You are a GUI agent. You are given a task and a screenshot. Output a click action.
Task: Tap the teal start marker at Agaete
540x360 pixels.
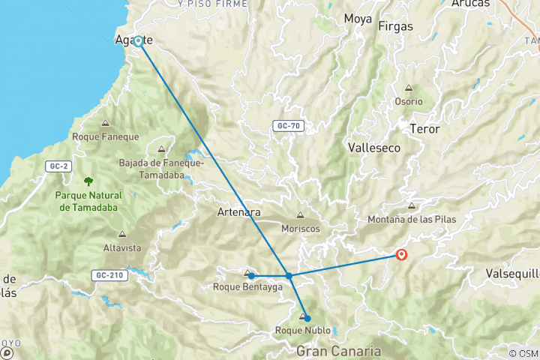click(x=139, y=41)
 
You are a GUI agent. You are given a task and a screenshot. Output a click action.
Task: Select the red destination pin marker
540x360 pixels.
click(x=402, y=255)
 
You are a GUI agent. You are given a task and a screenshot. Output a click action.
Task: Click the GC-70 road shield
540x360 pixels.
click(x=288, y=126)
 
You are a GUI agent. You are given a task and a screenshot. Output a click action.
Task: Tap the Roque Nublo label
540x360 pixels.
click(x=303, y=331)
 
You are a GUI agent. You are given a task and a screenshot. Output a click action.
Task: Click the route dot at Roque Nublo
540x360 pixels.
click(x=307, y=319)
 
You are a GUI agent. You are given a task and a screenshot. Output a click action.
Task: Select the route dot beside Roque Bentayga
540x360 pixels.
click(x=251, y=276)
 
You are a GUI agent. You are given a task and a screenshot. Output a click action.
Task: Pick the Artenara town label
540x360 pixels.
click(x=238, y=212)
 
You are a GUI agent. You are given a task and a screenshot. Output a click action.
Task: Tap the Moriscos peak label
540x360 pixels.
click(x=300, y=228)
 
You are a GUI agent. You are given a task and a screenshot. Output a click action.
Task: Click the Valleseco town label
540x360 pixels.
click(x=374, y=148)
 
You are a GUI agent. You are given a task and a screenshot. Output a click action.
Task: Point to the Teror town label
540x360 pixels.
click(x=424, y=129)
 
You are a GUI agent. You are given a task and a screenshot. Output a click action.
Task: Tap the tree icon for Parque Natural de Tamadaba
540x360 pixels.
click(x=88, y=181)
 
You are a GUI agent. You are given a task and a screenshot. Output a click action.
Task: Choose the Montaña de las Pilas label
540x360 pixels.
click(x=411, y=220)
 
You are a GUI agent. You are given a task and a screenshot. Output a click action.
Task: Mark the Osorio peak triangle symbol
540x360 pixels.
click(x=409, y=88)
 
